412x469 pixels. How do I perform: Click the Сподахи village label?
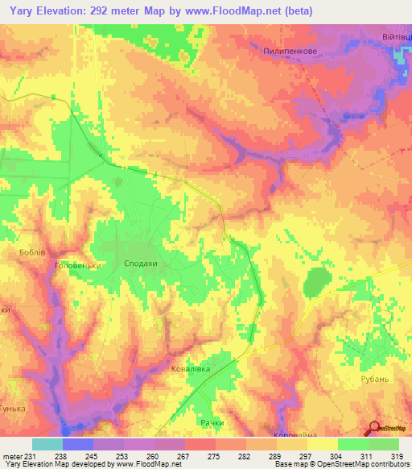click(141, 264)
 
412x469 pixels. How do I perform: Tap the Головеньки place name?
click(76, 265)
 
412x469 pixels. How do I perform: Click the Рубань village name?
click(375, 379)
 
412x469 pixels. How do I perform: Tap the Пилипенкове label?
click(290, 50)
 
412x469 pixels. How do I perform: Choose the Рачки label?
click(211, 422)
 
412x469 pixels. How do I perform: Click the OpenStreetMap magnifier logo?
click(376, 430)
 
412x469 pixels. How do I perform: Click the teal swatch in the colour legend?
click(47, 444)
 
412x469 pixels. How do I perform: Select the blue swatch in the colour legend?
click(78, 444)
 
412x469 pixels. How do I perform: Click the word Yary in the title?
click(24, 10)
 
